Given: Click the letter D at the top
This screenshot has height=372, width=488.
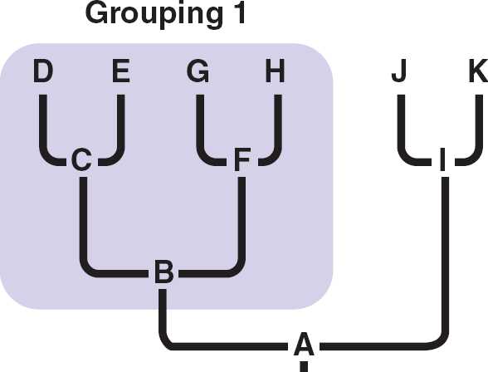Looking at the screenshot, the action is tap(43, 71).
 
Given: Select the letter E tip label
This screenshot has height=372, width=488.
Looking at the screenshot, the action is tap(121, 71).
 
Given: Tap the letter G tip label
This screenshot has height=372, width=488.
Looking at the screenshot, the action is tap(198, 71).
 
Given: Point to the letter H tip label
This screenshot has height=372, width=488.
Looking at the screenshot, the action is tap(276, 71).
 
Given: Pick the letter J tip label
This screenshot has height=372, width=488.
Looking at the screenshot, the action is tap(399, 71).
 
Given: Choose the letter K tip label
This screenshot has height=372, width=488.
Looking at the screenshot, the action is tap(479, 71).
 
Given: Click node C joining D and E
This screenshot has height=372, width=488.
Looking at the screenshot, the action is tap(81, 159).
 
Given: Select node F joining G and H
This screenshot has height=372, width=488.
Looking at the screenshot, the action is tap(242, 159).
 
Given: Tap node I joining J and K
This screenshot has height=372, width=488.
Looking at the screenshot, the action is tap(442, 159).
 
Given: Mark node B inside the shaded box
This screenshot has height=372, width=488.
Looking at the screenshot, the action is tap(164, 272).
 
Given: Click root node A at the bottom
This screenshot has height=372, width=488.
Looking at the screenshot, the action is tap(304, 344).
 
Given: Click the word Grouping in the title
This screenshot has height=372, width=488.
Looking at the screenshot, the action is tap(154, 15).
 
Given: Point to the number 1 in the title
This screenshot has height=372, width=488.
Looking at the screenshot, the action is tap(240, 12).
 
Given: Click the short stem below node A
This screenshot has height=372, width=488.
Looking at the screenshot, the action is tap(304, 366).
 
